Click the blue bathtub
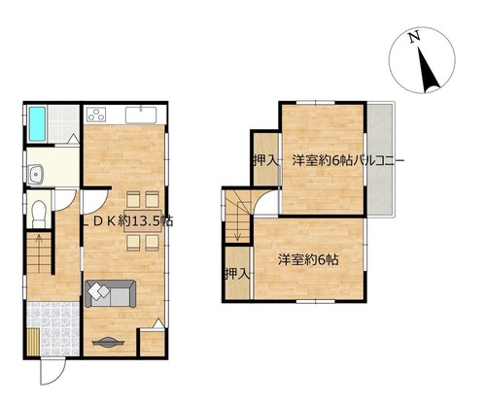coord(37,124)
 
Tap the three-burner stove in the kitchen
coord(96,115)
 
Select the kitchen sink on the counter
coord(141,115)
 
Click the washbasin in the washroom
coord(35,174)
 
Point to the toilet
coord(40,214)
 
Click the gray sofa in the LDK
coord(111,293)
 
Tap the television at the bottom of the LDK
coord(108,342)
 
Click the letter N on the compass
coord(413,37)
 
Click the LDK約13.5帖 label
coord(127,221)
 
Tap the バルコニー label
coord(378,160)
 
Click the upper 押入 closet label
coord(265,160)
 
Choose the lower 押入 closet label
coord(237,274)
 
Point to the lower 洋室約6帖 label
coord(308,259)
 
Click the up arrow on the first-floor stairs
coord(39,253)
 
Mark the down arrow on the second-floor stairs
coord(238,221)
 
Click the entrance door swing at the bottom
coord(52,371)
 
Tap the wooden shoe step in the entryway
coord(33,342)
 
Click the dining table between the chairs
coord(143,221)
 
